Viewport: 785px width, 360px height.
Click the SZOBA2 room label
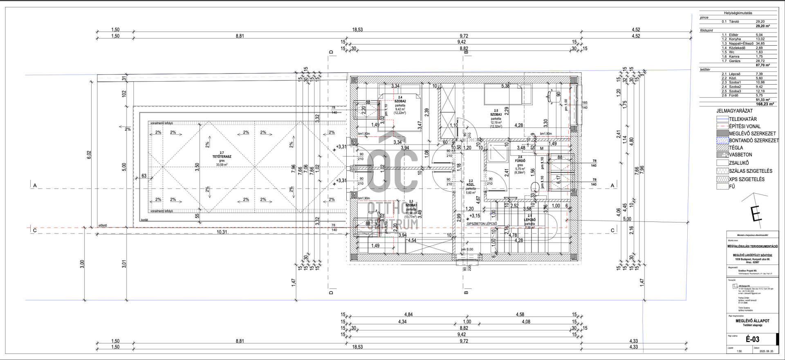pyautogui.click(x=400, y=101)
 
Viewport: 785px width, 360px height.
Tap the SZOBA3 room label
pyautogui.click(x=496, y=115)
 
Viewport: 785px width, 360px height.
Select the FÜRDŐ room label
pyautogui.click(x=520, y=161)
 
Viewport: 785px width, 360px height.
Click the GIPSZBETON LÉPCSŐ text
pyautogui.click(x=482, y=224)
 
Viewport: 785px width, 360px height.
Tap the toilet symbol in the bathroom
pyautogui.click(x=535, y=188)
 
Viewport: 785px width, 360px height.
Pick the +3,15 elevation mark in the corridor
pyautogui.click(x=474, y=216)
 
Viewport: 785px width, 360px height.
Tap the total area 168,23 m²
pyautogui.click(x=763, y=104)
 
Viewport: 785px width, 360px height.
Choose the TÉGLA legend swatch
pyautogui.click(x=722, y=148)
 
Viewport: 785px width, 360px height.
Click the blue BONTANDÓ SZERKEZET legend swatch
pyautogui.click(x=722, y=141)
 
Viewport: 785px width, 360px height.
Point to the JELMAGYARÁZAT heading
pyautogui.click(x=734, y=111)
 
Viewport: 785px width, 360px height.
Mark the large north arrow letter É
pyautogui.click(x=755, y=213)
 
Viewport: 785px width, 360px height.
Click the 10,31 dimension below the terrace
pyautogui.click(x=222, y=232)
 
